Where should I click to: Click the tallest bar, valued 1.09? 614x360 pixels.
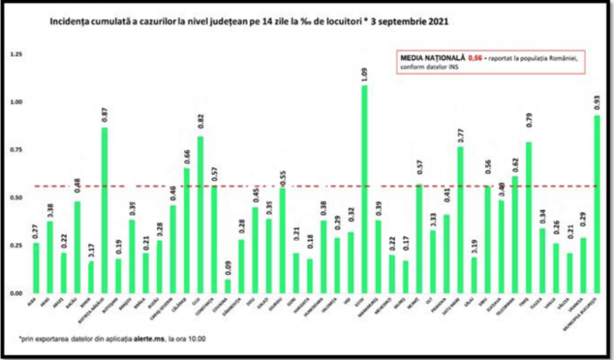coord(364,188)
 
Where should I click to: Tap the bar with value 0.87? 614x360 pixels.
coord(105,209)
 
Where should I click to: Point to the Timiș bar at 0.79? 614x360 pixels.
coord(529,217)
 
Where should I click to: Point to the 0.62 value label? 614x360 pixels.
coord(515,165)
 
